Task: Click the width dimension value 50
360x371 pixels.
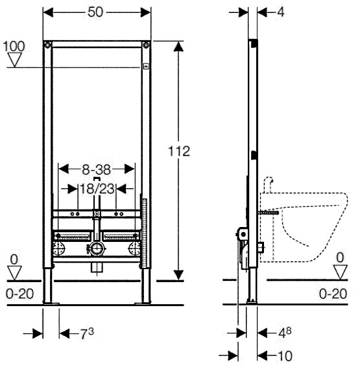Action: click(95, 12)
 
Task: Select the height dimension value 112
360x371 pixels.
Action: click(179, 151)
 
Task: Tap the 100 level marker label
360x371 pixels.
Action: click(14, 46)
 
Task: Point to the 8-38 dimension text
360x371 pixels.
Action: click(97, 170)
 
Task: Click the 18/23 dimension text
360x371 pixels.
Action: click(97, 189)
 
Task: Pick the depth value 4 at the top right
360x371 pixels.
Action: click(281, 12)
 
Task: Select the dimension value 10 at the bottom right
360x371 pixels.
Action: click(285, 356)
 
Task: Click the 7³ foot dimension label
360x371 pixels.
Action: click(87, 333)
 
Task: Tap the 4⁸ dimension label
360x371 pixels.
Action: click(285, 333)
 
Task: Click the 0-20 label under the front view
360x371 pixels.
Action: click(20, 294)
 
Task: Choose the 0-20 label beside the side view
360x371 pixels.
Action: click(333, 294)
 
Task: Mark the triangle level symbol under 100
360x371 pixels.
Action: click(14, 60)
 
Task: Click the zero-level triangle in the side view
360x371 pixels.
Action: click(341, 272)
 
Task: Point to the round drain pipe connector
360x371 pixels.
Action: click(97, 249)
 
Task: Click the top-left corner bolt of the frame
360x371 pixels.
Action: click(47, 45)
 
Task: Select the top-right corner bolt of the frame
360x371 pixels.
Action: click(146, 45)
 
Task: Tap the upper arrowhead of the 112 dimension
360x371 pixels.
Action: click(178, 46)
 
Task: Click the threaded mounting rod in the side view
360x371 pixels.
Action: click(269, 213)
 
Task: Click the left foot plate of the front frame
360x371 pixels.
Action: click(50, 303)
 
